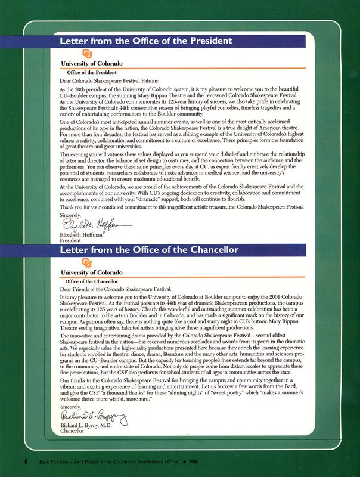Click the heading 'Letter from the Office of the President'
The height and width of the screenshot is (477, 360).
point(145,41)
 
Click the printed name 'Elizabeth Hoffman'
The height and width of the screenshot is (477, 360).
point(82,235)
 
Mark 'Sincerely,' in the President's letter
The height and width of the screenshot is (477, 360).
point(73,213)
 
